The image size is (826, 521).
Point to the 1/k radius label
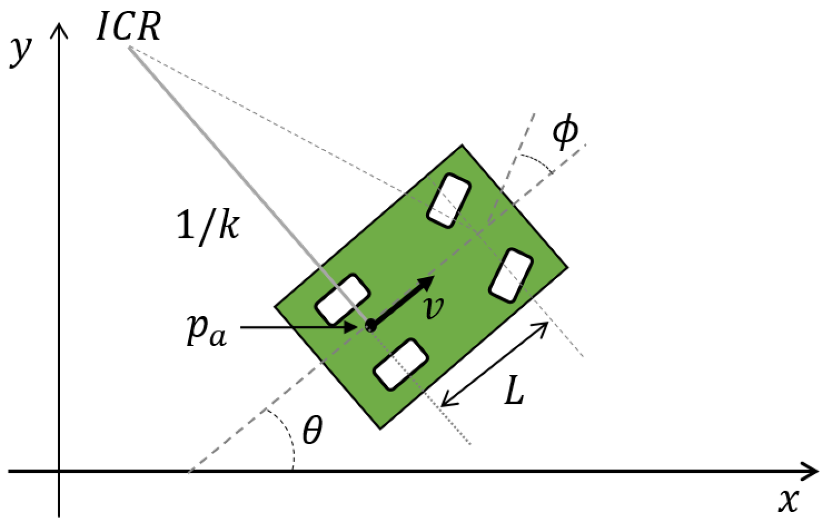(x=208, y=225)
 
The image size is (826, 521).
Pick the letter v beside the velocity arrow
(x=434, y=307)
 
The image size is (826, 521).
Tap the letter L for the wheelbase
(x=514, y=391)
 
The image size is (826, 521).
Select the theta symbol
(x=312, y=430)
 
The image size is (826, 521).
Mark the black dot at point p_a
(x=371, y=326)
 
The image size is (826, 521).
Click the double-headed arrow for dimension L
(x=494, y=364)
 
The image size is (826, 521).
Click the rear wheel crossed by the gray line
(x=342, y=300)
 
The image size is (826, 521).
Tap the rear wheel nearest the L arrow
(x=401, y=365)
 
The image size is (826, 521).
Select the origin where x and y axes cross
(x=59, y=471)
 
